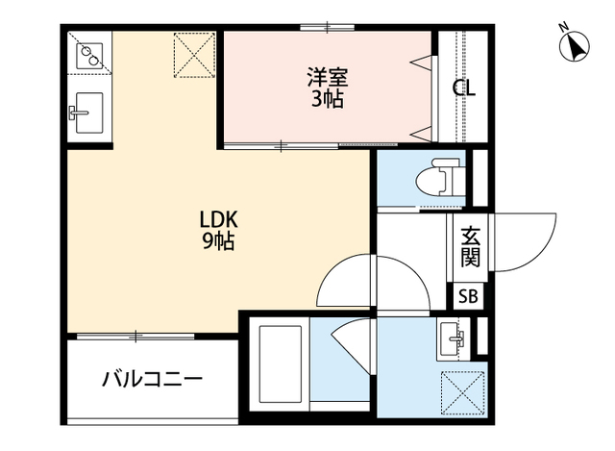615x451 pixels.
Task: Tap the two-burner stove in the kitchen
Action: click(x=89, y=56)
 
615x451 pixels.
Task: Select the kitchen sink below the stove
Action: click(x=87, y=111)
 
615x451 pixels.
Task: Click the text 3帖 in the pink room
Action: click(x=327, y=99)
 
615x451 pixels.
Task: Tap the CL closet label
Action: click(x=464, y=88)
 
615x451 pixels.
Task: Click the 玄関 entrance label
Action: click(x=470, y=245)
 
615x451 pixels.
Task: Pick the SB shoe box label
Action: click(x=470, y=296)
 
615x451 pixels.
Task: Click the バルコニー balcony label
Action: click(x=153, y=379)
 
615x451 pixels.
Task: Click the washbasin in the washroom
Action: click(x=452, y=337)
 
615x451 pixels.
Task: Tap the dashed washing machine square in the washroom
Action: click(x=459, y=392)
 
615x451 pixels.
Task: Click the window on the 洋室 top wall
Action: click(x=327, y=27)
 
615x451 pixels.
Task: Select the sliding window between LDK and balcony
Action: click(x=136, y=336)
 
